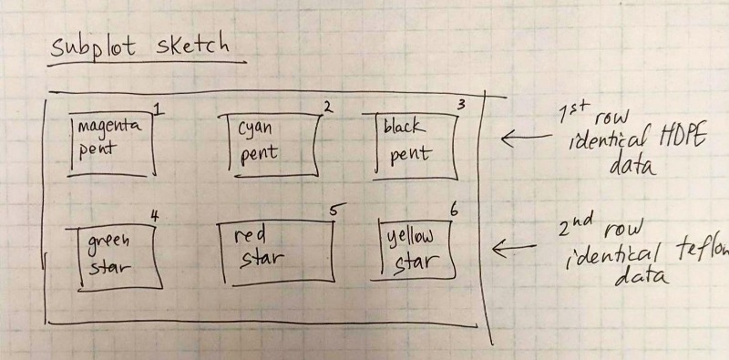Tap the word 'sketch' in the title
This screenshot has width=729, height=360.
click(192, 46)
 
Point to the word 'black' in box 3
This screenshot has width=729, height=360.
click(404, 126)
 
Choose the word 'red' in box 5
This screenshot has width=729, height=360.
click(250, 236)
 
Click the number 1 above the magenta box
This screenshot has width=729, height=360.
click(158, 108)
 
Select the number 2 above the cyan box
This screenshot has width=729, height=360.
click(327, 107)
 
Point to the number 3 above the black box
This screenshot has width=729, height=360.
click(460, 104)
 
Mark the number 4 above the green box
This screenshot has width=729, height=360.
click(155, 216)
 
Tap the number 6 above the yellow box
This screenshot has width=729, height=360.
click(454, 211)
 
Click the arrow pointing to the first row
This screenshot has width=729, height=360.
click(527, 138)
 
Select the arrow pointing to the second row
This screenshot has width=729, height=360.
click(514, 249)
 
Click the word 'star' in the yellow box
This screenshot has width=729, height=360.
click(416, 262)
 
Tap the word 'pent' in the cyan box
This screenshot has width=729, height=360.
click(259, 153)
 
